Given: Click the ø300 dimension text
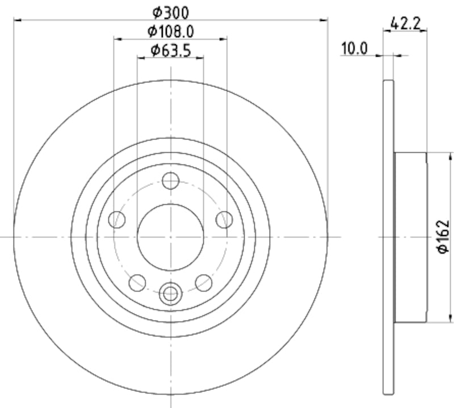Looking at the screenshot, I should [x=171, y=11].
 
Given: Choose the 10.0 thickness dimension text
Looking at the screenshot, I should [x=355, y=49].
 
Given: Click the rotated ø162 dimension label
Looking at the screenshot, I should [x=443, y=237].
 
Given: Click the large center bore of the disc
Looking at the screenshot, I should [x=170, y=237].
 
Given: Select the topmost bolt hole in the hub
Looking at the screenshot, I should [x=170, y=181].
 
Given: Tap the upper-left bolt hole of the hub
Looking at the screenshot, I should [x=117, y=219].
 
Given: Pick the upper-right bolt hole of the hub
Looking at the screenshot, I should [x=224, y=219].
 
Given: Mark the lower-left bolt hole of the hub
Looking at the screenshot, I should [x=137, y=282].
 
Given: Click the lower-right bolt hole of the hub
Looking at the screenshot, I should [x=203, y=282].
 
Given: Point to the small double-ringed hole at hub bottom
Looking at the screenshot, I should [x=170, y=293].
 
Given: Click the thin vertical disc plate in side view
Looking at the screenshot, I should [x=388, y=237].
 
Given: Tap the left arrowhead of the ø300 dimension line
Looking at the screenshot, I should [x=16, y=20].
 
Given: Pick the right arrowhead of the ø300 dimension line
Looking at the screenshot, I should [x=325, y=20].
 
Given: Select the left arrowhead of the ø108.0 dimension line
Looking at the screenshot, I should [x=117, y=39].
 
